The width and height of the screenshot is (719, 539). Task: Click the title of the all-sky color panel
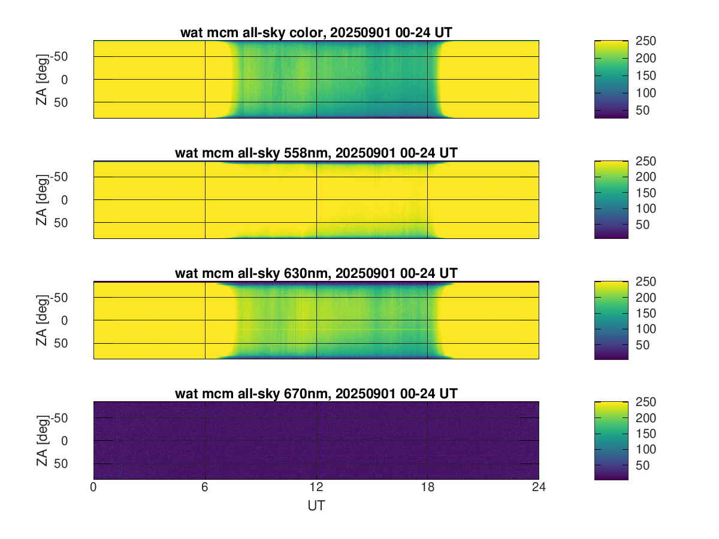(x=316, y=33)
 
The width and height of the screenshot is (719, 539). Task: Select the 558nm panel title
(x=316, y=153)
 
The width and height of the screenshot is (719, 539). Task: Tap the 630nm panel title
(x=316, y=273)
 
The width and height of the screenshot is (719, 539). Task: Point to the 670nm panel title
(x=316, y=393)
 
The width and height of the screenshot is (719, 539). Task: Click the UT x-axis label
(x=316, y=506)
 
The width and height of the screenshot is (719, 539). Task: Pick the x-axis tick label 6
(x=205, y=487)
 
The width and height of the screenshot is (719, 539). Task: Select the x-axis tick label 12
(x=316, y=487)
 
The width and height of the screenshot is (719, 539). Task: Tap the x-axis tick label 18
(x=427, y=487)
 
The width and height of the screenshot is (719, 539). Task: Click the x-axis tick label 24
(x=539, y=487)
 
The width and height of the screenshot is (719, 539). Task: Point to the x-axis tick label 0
(x=93, y=487)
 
